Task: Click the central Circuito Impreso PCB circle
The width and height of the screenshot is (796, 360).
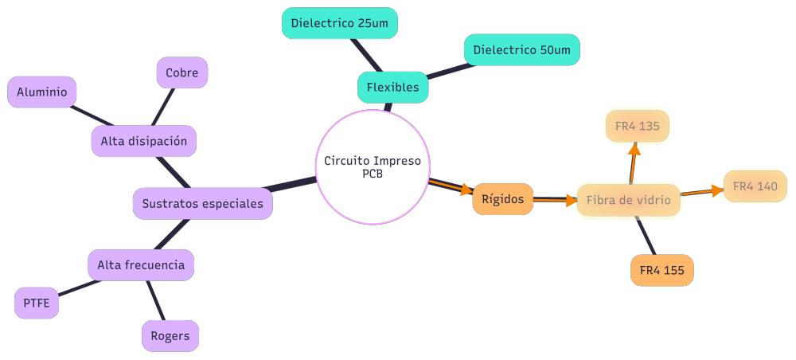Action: tap(373, 167)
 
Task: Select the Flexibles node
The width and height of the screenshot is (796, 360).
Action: tap(392, 88)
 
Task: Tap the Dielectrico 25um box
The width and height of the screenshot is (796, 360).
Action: tap(339, 23)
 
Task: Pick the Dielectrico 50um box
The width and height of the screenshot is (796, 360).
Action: tap(521, 50)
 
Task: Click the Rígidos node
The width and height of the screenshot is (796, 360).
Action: tap(502, 199)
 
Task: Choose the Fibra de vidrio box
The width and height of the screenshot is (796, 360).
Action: tap(628, 200)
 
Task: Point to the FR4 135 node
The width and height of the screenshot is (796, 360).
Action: tap(638, 126)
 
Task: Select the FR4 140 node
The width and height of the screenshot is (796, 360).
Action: tap(755, 186)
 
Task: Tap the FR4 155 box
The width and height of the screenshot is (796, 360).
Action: tap(661, 270)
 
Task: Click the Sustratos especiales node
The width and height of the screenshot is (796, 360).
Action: tap(202, 203)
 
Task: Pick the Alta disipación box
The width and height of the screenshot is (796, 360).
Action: tap(143, 142)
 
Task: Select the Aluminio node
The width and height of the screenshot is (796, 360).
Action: tap(41, 92)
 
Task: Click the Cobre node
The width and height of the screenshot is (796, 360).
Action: tap(181, 72)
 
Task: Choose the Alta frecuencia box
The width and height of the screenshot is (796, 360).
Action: tap(141, 264)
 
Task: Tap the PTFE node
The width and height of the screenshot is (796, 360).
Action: tap(37, 303)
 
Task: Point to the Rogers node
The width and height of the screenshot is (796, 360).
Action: tap(170, 335)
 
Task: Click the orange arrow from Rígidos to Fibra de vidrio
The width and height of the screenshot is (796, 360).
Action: tap(555, 200)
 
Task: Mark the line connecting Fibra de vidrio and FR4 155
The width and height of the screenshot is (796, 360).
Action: tap(646, 236)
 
